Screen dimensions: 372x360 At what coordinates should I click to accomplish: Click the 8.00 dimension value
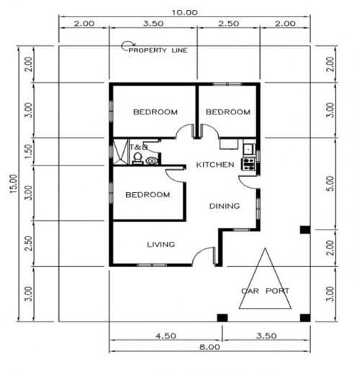click(210, 346)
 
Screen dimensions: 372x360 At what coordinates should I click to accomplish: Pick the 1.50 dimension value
click(27, 152)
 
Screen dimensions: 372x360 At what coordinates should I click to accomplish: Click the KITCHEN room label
click(215, 165)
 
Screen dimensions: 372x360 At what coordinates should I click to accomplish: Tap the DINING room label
click(224, 207)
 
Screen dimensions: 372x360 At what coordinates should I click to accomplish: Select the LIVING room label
click(161, 245)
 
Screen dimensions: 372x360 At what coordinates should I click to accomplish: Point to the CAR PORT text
click(266, 291)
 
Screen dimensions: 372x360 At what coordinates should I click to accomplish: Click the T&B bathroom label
click(138, 147)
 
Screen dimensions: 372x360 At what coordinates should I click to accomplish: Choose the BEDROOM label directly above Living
click(148, 195)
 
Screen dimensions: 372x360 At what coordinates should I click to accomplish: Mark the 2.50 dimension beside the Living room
click(27, 243)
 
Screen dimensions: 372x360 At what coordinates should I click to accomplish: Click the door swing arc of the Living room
click(204, 253)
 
